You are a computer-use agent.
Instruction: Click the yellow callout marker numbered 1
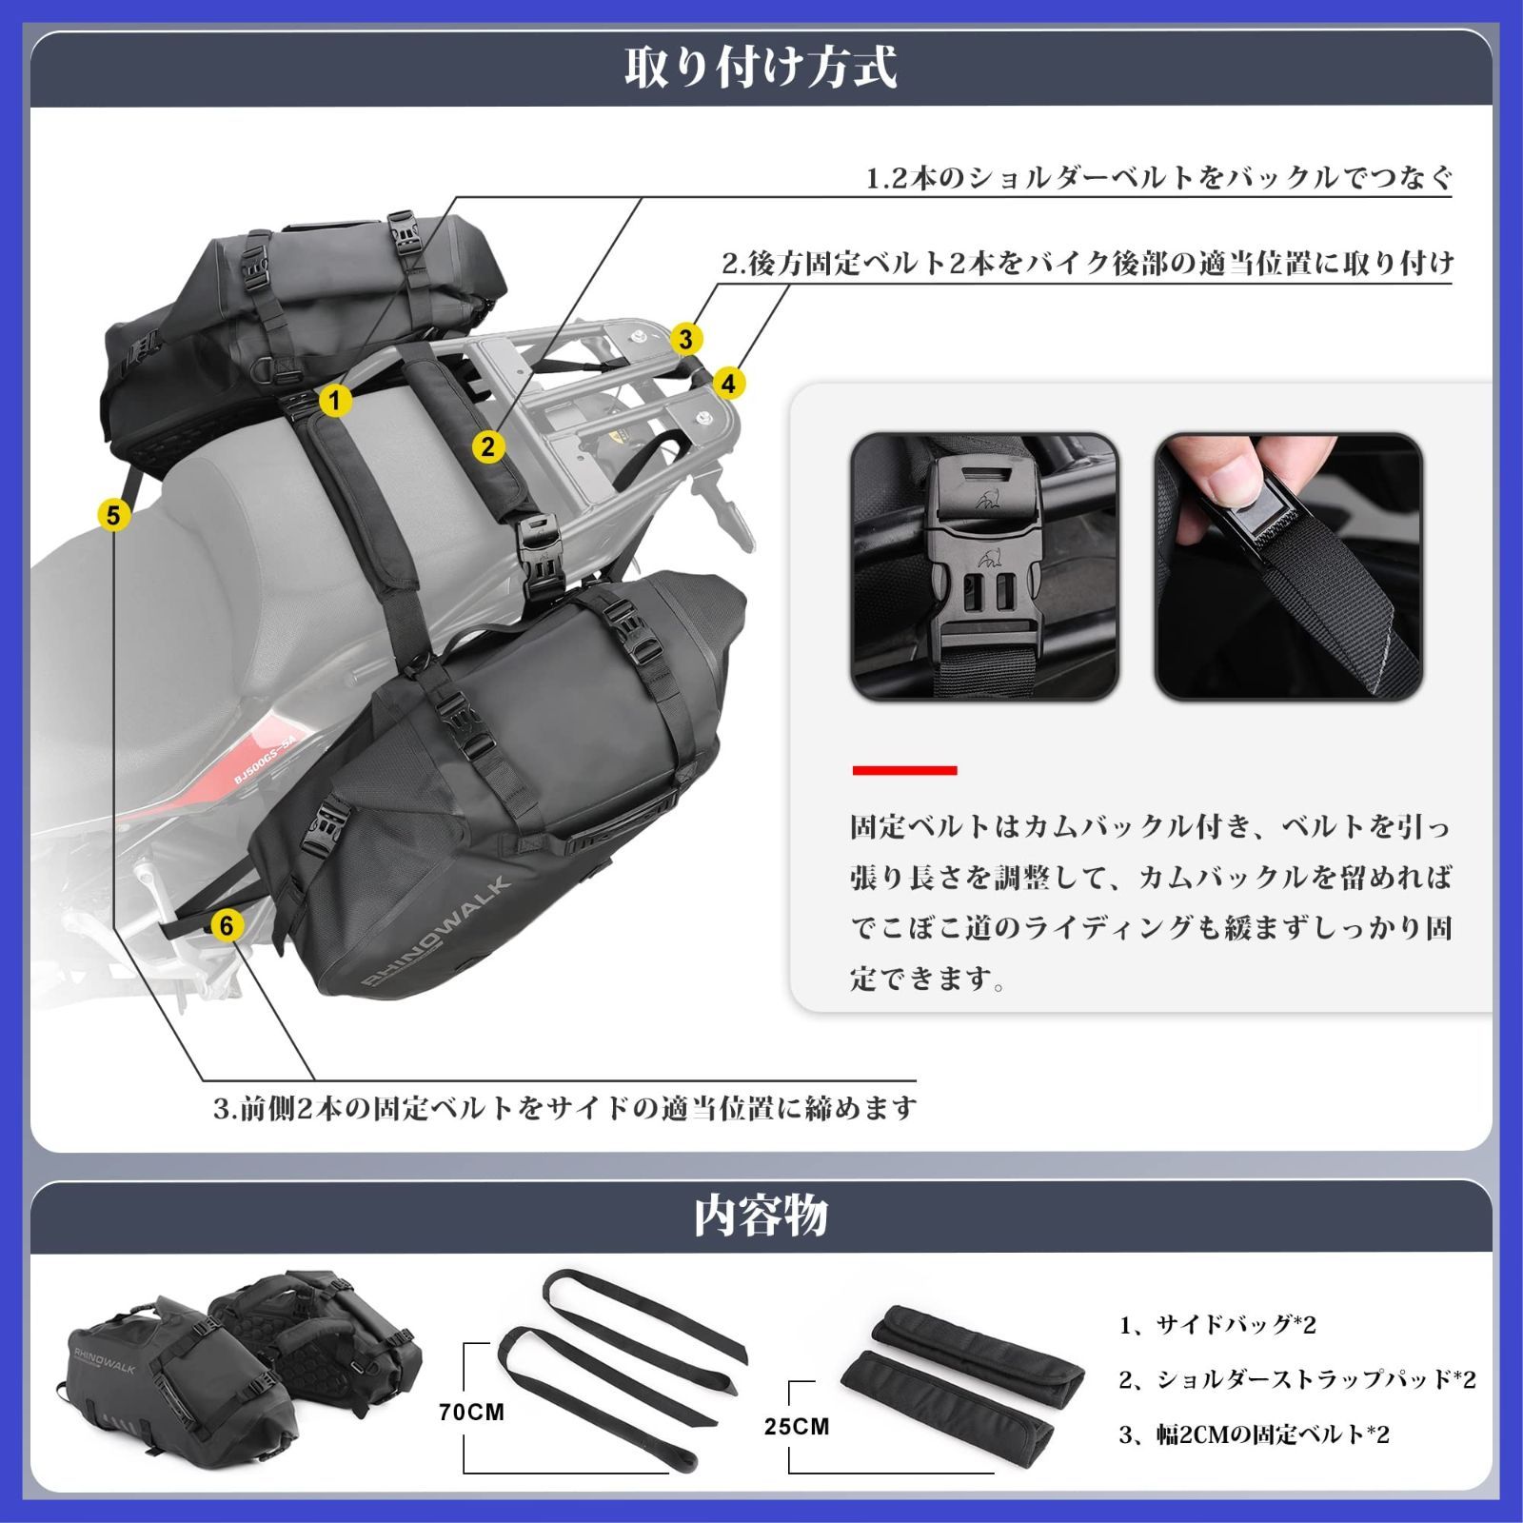pos(334,401)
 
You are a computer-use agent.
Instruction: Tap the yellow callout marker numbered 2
pos(488,446)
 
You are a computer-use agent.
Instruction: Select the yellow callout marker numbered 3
pos(685,338)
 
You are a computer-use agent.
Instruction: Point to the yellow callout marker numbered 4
pos(728,384)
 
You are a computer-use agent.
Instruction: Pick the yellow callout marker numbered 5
pos(113,515)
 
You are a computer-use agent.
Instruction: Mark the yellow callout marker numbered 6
pos(227,925)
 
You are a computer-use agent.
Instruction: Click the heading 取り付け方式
pos(761,67)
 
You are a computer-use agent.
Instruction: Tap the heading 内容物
pos(761,1216)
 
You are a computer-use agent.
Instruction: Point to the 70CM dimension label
pos(471,1412)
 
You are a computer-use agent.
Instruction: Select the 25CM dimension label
pos(797,1426)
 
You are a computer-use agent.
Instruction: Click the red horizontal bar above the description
pos(904,770)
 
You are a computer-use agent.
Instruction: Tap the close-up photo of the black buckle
pos(984,566)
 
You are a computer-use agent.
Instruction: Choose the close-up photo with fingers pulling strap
pos(1289,566)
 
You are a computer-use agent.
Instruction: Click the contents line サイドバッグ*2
pos(1218,1324)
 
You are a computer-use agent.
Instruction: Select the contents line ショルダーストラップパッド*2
pos(1298,1378)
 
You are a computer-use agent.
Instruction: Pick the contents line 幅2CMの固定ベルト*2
pos(1255,1434)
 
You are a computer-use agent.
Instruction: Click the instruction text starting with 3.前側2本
pos(564,1108)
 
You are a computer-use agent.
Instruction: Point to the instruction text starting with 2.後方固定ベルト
pos(1087,263)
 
